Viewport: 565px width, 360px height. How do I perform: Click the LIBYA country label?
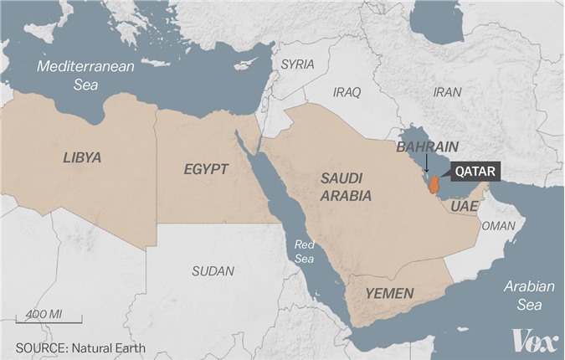coord(81,157)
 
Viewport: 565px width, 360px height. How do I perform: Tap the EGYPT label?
coord(206,169)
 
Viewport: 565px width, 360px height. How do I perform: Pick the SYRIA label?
coord(297,64)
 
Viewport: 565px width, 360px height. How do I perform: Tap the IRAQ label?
coord(347,92)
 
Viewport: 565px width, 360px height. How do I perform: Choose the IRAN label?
coord(447,93)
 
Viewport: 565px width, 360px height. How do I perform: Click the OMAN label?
coord(500,225)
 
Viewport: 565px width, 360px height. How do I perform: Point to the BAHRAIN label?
coord(427,147)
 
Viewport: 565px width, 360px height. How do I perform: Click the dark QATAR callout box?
coord(476,172)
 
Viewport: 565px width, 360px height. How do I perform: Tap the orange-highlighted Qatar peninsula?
coord(434,184)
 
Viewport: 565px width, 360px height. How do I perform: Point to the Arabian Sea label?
coord(529,295)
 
